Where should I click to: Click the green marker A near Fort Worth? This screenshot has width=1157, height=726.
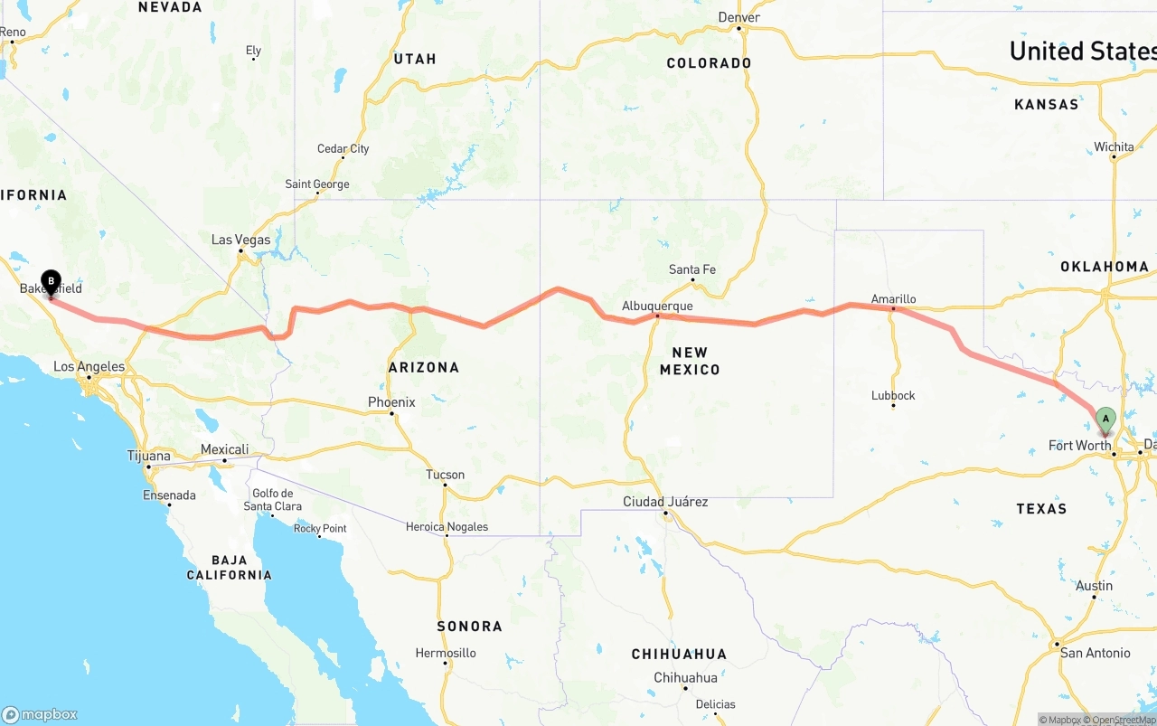(1105, 420)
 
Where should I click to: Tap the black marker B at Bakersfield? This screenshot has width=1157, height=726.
(51, 282)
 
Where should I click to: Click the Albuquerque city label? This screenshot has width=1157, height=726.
(657, 306)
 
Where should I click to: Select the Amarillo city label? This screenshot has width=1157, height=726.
(893, 299)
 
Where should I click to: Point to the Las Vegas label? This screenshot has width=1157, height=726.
(240, 240)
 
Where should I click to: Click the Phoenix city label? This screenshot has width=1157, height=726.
(391, 402)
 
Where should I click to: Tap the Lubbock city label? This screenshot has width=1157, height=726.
(893, 395)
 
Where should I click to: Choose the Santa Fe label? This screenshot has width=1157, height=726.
(692, 269)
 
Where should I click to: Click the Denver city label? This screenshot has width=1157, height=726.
(738, 17)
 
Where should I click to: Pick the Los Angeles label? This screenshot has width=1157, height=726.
(89, 367)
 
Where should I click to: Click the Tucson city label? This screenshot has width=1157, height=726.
(445, 475)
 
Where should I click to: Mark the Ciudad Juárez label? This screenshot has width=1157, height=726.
(665, 502)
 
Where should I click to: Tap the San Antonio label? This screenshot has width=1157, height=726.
(1095, 653)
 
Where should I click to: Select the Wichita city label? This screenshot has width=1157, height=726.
(1114, 146)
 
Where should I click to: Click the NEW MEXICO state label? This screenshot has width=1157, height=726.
(690, 361)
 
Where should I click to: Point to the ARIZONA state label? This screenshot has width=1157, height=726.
(424, 367)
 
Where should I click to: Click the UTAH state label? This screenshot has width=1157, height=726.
(415, 59)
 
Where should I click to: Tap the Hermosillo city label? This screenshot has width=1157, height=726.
(446, 653)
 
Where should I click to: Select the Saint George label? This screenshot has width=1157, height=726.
(317, 184)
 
